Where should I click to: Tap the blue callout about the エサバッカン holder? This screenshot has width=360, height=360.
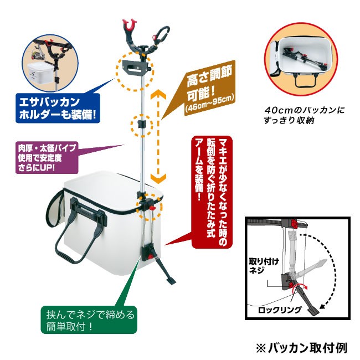(x=58, y=108)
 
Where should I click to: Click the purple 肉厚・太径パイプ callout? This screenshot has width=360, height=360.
(x=47, y=158)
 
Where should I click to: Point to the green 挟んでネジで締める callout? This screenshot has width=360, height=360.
(x=89, y=320)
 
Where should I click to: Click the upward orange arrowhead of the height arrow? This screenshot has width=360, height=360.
(x=158, y=94)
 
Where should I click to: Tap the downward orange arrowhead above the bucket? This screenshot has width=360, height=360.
(x=158, y=179)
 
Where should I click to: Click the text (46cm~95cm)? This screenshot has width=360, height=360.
(x=209, y=104)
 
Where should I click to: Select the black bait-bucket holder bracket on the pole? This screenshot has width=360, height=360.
(x=136, y=66)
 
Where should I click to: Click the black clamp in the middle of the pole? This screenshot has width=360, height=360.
(x=141, y=124)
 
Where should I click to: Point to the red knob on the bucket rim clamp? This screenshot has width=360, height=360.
(x=152, y=208)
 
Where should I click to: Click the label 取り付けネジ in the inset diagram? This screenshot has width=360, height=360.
(x=264, y=265)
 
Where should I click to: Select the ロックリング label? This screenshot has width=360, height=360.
(x=279, y=310)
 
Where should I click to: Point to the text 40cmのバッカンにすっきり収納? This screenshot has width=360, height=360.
(x=304, y=115)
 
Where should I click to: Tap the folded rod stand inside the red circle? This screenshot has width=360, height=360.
(x=303, y=59)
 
